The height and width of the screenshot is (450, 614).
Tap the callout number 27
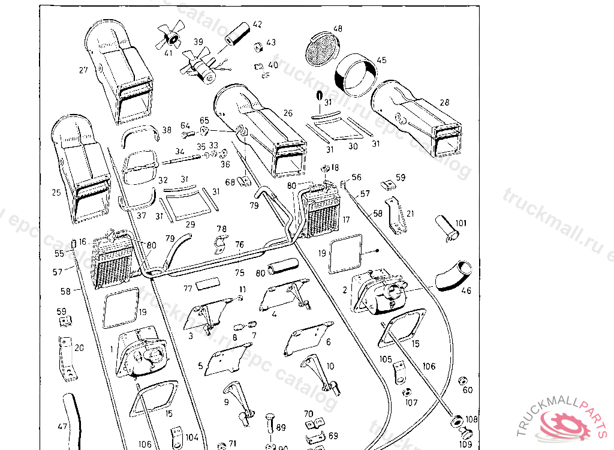click(83, 70)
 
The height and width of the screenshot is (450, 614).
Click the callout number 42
click(257, 25)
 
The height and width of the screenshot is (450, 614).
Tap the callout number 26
click(288, 113)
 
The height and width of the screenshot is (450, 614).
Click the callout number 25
click(56, 193)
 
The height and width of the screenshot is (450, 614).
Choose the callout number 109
click(466, 445)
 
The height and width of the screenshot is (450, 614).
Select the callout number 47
click(62, 427)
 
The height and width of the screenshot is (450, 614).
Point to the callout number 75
click(240, 273)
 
